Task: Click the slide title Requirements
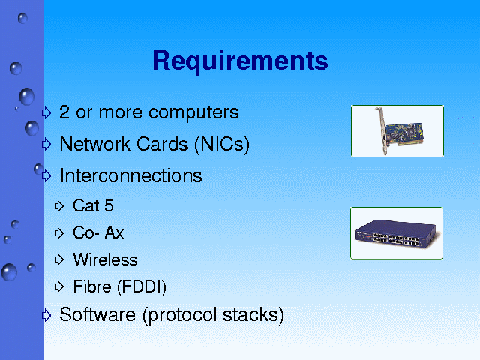[240, 61]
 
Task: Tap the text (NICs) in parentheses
[222, 145]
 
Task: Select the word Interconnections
[131, 175]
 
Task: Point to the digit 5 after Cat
[109, 205]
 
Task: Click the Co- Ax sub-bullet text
[98, 232]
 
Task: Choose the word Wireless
[105, 259]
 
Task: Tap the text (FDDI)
[142, 287]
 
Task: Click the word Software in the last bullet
[97, 314]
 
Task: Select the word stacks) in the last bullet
[253, 315]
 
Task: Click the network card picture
[397, 131]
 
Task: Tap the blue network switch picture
[397, 233]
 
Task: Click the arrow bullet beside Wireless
[59, 259]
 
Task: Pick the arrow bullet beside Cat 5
[59, 206]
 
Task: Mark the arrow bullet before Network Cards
[46, 144]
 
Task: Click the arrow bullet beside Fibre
[59, 286]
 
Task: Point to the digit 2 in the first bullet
[64, 112]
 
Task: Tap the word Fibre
[92, 286]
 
